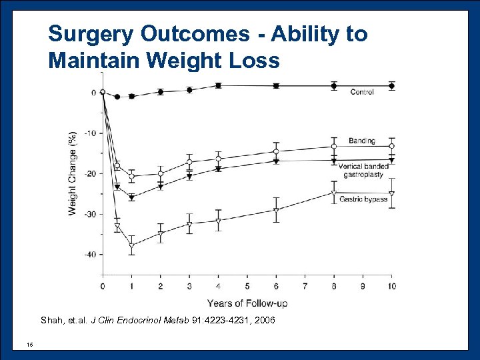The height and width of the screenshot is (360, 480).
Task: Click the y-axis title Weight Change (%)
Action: [x=72, y=173]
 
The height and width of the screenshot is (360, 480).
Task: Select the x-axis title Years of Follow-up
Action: [x=247, y=303]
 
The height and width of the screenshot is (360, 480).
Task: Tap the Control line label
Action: [x=362, y=92]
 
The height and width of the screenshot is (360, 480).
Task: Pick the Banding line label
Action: [x=362, y=141]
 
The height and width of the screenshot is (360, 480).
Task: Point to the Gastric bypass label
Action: [x=363, y=199]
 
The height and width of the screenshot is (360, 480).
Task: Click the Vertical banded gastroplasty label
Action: [x=363, y=170]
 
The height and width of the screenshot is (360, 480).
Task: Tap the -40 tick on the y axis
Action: [x=90, y=255]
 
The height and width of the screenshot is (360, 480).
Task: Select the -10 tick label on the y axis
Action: [x=90, y=133]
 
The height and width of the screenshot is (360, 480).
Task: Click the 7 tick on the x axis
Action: [x=305, y=286]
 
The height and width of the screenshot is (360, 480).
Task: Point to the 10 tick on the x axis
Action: [x=392, y=286]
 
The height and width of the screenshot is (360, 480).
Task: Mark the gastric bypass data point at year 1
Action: [x=131, y=246]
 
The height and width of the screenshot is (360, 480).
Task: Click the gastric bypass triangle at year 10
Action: [x=392, y=194]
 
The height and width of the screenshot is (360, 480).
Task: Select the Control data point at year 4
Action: [x=218, y=85]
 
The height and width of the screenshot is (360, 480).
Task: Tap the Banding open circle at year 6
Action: [x=276, y=151]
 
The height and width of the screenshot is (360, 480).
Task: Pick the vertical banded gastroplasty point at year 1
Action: [x=131, y=197]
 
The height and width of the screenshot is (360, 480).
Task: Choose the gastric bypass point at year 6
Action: [x=276, y=210]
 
